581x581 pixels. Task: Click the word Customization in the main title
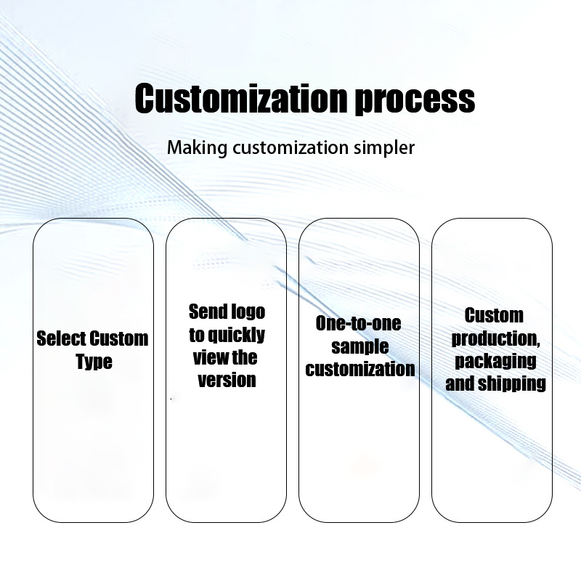[241, 98]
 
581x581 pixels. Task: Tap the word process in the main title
[415, 101]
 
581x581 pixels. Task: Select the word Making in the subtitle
[197, 148]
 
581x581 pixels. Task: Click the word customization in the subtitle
[290, 148]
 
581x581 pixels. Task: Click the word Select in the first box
[61, 338]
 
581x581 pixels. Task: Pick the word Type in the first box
[94, 361]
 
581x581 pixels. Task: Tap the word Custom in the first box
[119, 338]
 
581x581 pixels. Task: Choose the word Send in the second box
[207, 312]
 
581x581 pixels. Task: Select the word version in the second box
[227, 380]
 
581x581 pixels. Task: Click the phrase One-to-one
[358, 323]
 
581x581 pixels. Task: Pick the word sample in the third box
[359, 347]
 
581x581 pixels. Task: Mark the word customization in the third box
[359, 369]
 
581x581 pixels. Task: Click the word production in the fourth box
[495, 338]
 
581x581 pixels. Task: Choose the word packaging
[495, 361]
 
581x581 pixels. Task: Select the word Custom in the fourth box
[494, 315]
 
